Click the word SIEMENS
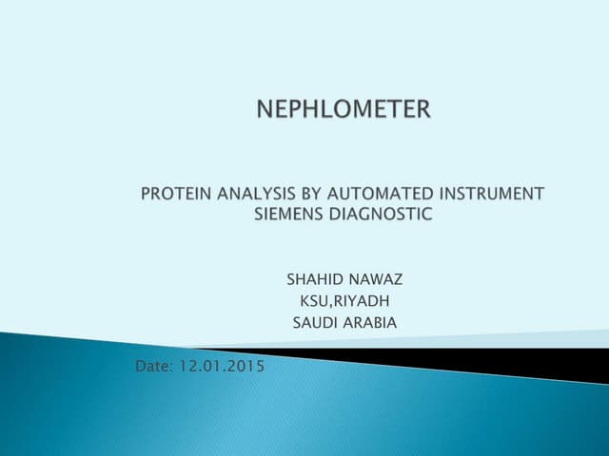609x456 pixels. (289, 214)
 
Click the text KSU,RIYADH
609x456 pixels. (344, 302)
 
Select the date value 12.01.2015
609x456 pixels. (226, 366)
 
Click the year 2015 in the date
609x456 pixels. (246, 366)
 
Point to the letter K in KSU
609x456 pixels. (304, 302)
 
